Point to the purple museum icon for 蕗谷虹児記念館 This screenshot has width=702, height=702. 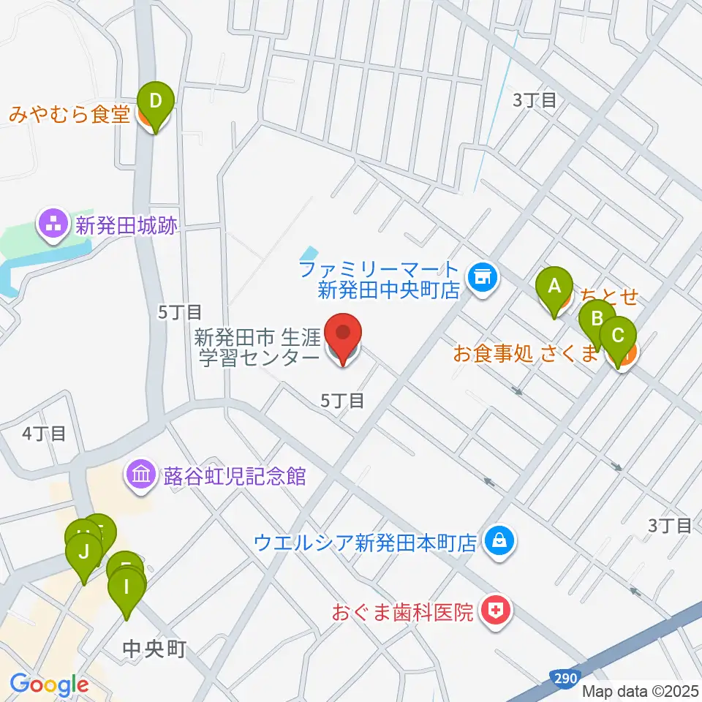(140, 476)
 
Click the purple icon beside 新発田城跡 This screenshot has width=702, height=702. (54, 226)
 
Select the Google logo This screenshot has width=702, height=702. (48, 685)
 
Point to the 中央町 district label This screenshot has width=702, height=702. (154, 648)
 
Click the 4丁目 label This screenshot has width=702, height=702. (44, 433)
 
